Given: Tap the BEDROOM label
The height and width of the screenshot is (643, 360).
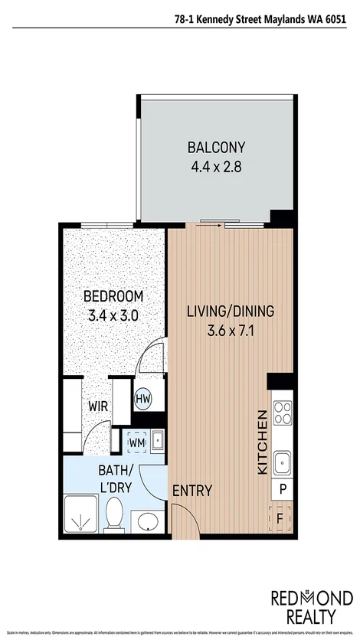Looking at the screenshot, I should tap(113, 296).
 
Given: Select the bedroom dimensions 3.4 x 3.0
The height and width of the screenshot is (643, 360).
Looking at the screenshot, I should tap(113, 315).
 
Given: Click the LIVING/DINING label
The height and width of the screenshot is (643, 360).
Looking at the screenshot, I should tap(231, 312).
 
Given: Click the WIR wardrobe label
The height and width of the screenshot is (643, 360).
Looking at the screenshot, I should tap(97, 406).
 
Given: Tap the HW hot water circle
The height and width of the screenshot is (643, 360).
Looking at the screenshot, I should tap(143, 398).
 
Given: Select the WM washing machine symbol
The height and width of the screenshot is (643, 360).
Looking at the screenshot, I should tap(137, 442).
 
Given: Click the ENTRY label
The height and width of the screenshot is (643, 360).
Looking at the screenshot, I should tap(192, 491).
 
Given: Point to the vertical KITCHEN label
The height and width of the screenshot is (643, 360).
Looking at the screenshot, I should tap(262, 442).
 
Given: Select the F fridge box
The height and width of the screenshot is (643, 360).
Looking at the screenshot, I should tap(283, 517).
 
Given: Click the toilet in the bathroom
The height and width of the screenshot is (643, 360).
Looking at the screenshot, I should tap(116, 513).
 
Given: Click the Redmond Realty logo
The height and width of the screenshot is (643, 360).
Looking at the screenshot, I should tap(312, 607).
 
